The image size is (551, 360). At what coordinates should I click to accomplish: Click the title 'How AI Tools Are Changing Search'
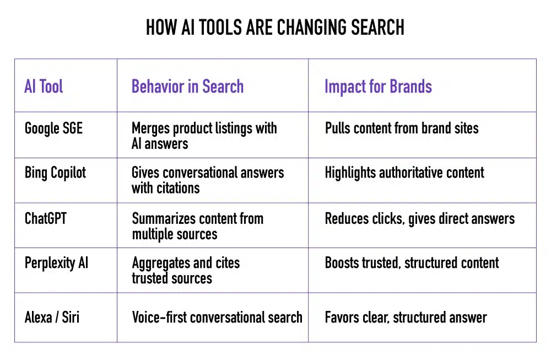275,28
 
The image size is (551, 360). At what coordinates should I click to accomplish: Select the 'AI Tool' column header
44,87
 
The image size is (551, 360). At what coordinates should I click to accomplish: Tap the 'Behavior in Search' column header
187,87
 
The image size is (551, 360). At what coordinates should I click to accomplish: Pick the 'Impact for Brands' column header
378,87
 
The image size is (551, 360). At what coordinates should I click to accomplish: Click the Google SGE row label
53,128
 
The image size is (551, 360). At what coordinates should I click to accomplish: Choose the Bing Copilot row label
56,173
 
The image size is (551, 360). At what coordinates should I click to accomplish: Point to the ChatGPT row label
46,218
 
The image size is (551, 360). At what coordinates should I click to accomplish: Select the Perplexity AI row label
56,262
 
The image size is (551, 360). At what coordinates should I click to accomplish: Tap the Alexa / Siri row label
52,318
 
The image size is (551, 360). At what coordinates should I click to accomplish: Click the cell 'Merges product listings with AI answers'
204,136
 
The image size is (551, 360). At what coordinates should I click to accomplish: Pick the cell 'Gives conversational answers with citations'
208,180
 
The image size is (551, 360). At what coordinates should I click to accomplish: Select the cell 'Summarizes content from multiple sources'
197,225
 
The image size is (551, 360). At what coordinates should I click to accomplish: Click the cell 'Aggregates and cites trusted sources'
186,270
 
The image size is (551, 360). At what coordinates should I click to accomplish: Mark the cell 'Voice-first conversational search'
217,318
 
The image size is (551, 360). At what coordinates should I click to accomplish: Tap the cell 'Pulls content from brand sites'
402,128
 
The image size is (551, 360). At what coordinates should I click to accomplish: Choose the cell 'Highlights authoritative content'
404,173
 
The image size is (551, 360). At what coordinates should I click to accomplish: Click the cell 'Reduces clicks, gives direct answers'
419,218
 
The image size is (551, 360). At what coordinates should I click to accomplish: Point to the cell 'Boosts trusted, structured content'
412,262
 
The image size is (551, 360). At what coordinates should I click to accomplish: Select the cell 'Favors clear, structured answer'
406,318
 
